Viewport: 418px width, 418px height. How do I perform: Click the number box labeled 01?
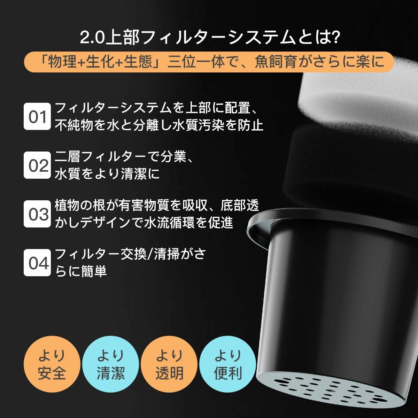click(x=37, y=116)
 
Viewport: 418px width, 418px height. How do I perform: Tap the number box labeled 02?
click(x=37, y=165)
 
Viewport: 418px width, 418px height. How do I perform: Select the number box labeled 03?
click(x=37, y=214)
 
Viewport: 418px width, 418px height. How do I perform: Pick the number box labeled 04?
click(x=37, y=263)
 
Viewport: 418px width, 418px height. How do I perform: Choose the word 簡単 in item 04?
click(x=94, y=271)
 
